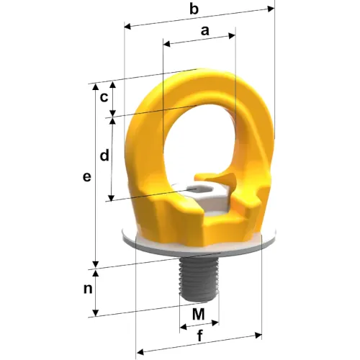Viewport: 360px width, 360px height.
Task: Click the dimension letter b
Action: [194, 9]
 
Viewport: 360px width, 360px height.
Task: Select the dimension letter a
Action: [204, 31]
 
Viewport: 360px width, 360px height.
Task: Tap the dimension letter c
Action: [104, 98]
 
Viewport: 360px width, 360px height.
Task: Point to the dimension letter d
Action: [104, 156]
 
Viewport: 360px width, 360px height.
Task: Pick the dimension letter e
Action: [86, 177]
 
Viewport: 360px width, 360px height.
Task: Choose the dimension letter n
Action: [88, 289]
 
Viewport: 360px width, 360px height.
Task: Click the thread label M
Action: [199, 314]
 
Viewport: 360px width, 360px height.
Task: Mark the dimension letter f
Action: [200, 336]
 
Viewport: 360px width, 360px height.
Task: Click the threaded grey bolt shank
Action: [199, 279]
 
